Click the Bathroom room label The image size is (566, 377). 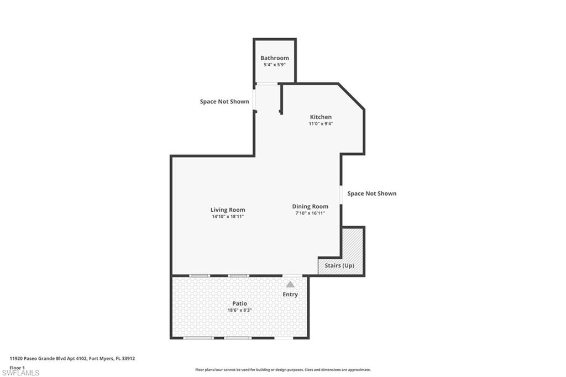[275, 58]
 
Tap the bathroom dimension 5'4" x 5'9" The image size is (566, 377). [275, 65]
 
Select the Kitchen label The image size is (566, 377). [321, 117]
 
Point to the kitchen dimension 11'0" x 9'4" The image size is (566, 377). [321, 123]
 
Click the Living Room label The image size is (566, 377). [228, 210]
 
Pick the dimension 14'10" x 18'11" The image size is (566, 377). [228, 217]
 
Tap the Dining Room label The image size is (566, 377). [310, 207]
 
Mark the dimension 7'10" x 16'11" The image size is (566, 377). [310, 213]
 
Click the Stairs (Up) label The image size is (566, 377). [339, 265]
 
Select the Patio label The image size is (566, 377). [240, 303]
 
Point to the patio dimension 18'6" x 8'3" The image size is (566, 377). [240, 310]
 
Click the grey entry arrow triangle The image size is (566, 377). [290, 285]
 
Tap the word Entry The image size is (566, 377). [290, 294]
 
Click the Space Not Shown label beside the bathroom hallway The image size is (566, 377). [224, 102]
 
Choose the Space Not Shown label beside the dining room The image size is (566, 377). [372, 193]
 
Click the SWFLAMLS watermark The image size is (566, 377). [20, 373]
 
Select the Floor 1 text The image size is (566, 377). [17, 368]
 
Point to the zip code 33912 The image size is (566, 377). [128, 359]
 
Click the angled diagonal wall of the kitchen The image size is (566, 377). [351, 96]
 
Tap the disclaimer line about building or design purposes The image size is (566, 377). [283, 370]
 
